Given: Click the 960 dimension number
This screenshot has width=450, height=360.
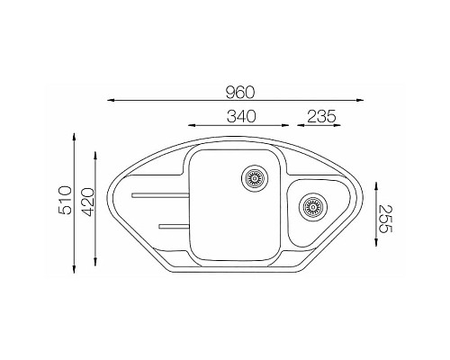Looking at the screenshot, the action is [x=240, y=93].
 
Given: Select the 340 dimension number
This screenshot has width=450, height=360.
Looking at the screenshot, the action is [x=241, y=116].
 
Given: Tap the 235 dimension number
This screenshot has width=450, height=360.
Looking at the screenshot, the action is [x=321, y=116].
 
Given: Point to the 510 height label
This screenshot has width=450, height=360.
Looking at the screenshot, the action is [x=65, y=200].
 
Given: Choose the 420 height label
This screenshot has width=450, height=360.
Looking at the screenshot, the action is [x=88, y=202].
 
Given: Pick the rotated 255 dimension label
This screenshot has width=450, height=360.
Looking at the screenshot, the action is [x=385, y=219].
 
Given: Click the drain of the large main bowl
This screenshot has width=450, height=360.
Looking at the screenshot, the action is [x=255, y=178].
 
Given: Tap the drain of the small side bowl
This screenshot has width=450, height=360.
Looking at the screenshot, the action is [x=312, y=207].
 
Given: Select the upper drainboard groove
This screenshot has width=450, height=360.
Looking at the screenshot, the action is [x=160, y=195].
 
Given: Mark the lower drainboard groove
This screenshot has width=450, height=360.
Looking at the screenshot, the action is [x=174, y=226].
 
